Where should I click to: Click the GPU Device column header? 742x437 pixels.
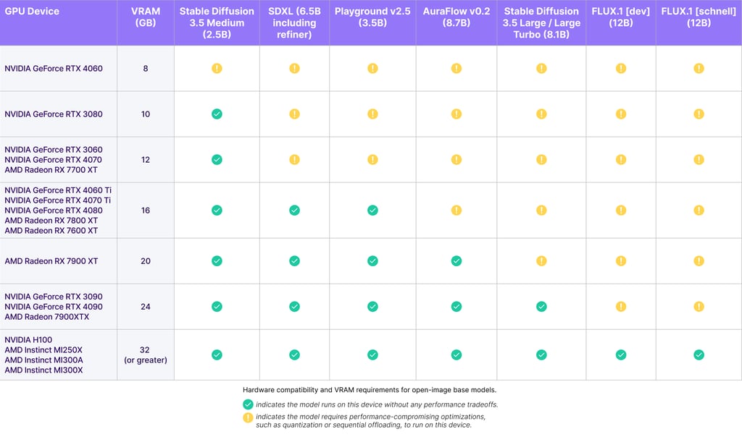point(32,12)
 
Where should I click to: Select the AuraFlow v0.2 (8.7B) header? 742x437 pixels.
point(457,17)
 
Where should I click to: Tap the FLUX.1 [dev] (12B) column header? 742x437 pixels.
point(620,17)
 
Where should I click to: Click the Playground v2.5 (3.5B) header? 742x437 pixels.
point(372,17)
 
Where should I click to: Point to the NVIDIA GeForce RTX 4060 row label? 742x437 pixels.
point(54,69)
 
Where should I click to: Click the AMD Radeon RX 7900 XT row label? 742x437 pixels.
point(51,260)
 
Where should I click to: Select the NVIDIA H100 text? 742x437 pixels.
point(28,339)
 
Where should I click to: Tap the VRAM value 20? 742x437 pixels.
point(145,260)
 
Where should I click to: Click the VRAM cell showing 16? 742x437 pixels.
point(145,211)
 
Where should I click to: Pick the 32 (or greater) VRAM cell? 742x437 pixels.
point(145,355)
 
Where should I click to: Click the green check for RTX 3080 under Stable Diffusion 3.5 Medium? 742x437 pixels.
point(217,114)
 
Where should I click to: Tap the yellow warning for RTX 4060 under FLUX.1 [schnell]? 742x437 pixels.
point(699,69)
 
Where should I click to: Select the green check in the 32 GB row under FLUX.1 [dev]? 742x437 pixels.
point(621,355)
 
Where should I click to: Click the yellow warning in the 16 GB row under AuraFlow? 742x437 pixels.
point(457,211)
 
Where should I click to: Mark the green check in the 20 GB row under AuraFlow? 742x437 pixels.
point(457,260)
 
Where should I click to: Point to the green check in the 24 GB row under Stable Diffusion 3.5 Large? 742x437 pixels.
point(541,307)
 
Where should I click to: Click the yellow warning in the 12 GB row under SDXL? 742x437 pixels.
point(294,160)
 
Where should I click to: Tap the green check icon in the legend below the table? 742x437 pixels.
point(248,404)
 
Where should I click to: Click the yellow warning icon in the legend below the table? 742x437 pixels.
point(248,417)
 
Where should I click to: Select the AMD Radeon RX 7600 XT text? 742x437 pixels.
point(51,231)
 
